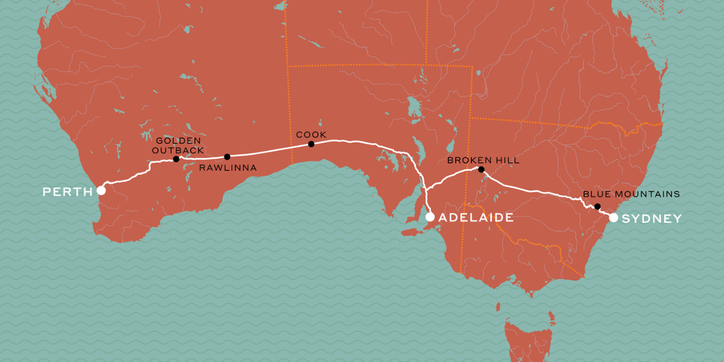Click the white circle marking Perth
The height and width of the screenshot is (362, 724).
101,191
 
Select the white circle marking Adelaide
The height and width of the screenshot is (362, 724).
430,217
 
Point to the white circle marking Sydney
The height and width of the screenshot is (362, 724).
613,218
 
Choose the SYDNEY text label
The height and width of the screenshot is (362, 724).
652,218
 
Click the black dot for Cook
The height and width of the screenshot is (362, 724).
311,144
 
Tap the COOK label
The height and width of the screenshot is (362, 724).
311,134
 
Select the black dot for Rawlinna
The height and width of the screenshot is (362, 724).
227,157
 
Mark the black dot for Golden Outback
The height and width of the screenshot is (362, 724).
176,159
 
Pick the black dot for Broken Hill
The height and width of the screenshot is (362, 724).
481,170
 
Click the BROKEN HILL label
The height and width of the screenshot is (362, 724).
483,160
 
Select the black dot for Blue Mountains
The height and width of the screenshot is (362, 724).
597,206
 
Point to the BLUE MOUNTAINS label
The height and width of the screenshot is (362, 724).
631,194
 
